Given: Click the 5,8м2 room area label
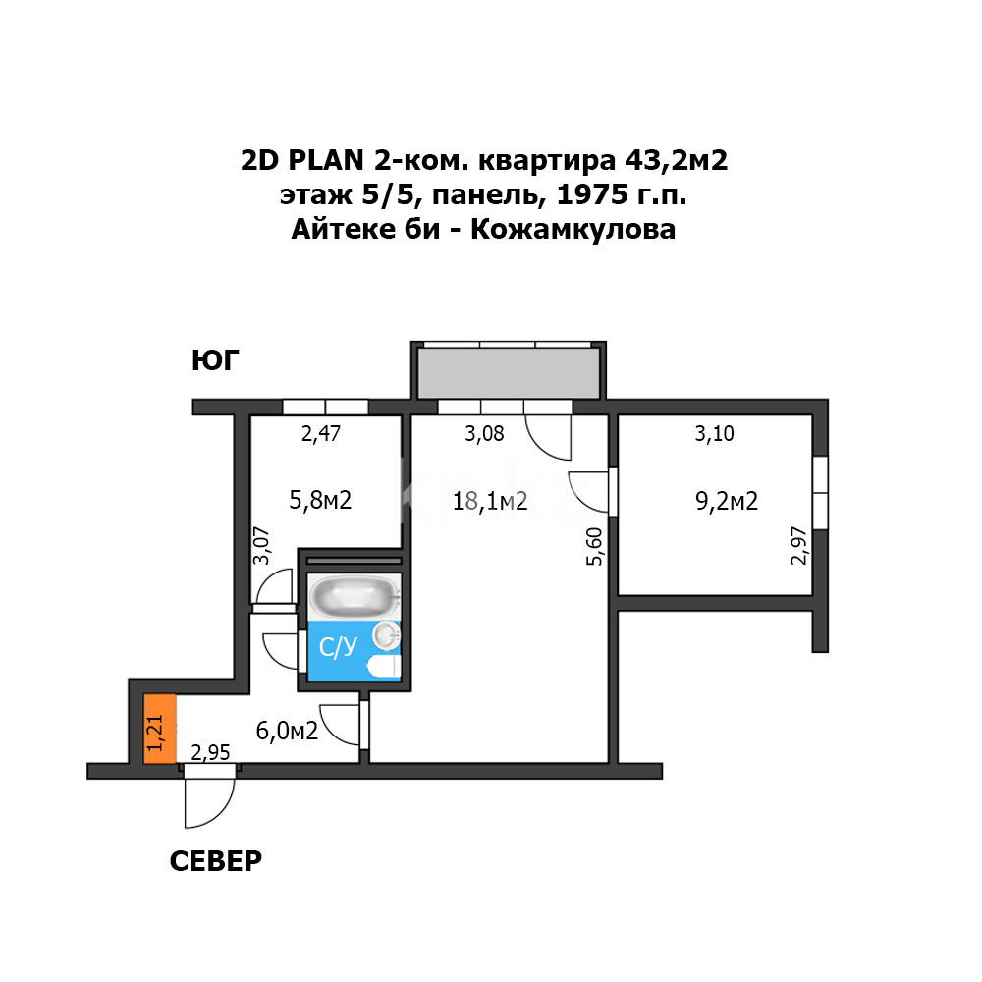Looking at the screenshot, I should [x=320, y=501].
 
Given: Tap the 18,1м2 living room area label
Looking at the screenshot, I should [x=490, y=502].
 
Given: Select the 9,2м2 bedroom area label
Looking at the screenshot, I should [x=727, y=502].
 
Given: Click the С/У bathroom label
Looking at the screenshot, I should [x=339, y=647].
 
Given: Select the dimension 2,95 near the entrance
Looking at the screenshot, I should [x=210, y=753].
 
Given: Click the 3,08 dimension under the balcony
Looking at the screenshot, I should [x=484, y=433].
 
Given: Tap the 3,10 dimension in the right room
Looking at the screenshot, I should [x=714, y=433].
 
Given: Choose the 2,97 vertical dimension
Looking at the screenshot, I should [x=799, y=545].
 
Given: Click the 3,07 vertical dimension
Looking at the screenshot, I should [x=262, y=545].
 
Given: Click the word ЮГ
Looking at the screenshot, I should [x=215, y=361].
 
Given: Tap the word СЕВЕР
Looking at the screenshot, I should [x=216, y=861].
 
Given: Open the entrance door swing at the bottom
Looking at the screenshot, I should [x=209, y=800].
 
